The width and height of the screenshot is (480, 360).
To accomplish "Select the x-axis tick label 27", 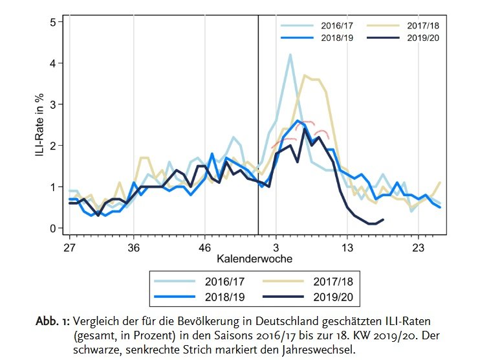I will click(69, 247).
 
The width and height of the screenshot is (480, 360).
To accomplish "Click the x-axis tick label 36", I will click(134, 247).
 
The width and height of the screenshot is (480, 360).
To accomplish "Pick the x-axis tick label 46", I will click(205, 247).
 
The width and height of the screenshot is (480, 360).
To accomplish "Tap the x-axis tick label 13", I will click(347, 247).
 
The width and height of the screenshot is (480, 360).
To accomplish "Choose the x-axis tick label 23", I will click(418, 247).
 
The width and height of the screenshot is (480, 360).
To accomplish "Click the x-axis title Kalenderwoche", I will click(254, 259).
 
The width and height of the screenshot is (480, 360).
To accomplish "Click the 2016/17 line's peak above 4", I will click(290, 55).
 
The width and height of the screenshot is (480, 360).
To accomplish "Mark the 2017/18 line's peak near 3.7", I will click(305, 75).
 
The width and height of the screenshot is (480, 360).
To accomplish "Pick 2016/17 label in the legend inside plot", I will click(336, 26).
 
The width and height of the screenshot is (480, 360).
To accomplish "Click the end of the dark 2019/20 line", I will click(383, 220).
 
